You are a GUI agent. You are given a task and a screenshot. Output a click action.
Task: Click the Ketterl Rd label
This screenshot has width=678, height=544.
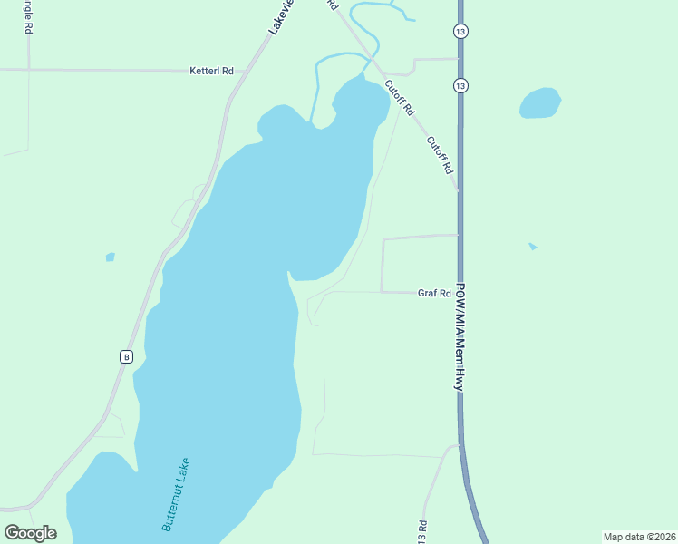(211, 70)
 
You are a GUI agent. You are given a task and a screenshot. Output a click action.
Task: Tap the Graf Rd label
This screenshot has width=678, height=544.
(434, 293)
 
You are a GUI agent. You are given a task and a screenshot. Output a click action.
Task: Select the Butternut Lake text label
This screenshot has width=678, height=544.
(177, 493)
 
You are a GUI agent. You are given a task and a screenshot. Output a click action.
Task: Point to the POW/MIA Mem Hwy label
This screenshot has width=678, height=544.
(460, 336)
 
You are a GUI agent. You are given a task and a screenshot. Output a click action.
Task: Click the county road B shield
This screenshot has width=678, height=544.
(126, 357)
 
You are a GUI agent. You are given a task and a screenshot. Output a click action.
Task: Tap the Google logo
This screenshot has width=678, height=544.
(30, 532)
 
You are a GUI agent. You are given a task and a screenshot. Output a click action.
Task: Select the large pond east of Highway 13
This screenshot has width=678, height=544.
(539, 102)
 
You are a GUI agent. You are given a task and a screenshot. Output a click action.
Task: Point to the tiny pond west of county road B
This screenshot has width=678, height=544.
(110, 257)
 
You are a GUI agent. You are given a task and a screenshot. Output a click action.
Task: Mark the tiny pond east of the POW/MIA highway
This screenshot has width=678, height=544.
(533, 246)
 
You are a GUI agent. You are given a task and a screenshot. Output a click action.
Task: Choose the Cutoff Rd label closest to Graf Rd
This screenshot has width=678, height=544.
(440, 154)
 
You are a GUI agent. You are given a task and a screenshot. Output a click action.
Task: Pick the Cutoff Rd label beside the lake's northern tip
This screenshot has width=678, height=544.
(399, 98)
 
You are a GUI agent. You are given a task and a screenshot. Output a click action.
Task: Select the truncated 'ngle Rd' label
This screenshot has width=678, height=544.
(28, 16)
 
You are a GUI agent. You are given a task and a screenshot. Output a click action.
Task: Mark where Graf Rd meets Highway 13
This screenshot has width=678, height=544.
(459, 293)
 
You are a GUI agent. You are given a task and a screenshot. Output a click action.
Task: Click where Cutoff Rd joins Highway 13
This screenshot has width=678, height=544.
(458, 190)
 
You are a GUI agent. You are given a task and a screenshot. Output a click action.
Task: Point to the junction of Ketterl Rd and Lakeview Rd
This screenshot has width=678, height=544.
(237, 70)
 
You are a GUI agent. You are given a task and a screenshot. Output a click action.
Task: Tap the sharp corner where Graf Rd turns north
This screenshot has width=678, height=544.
(382, 292)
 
